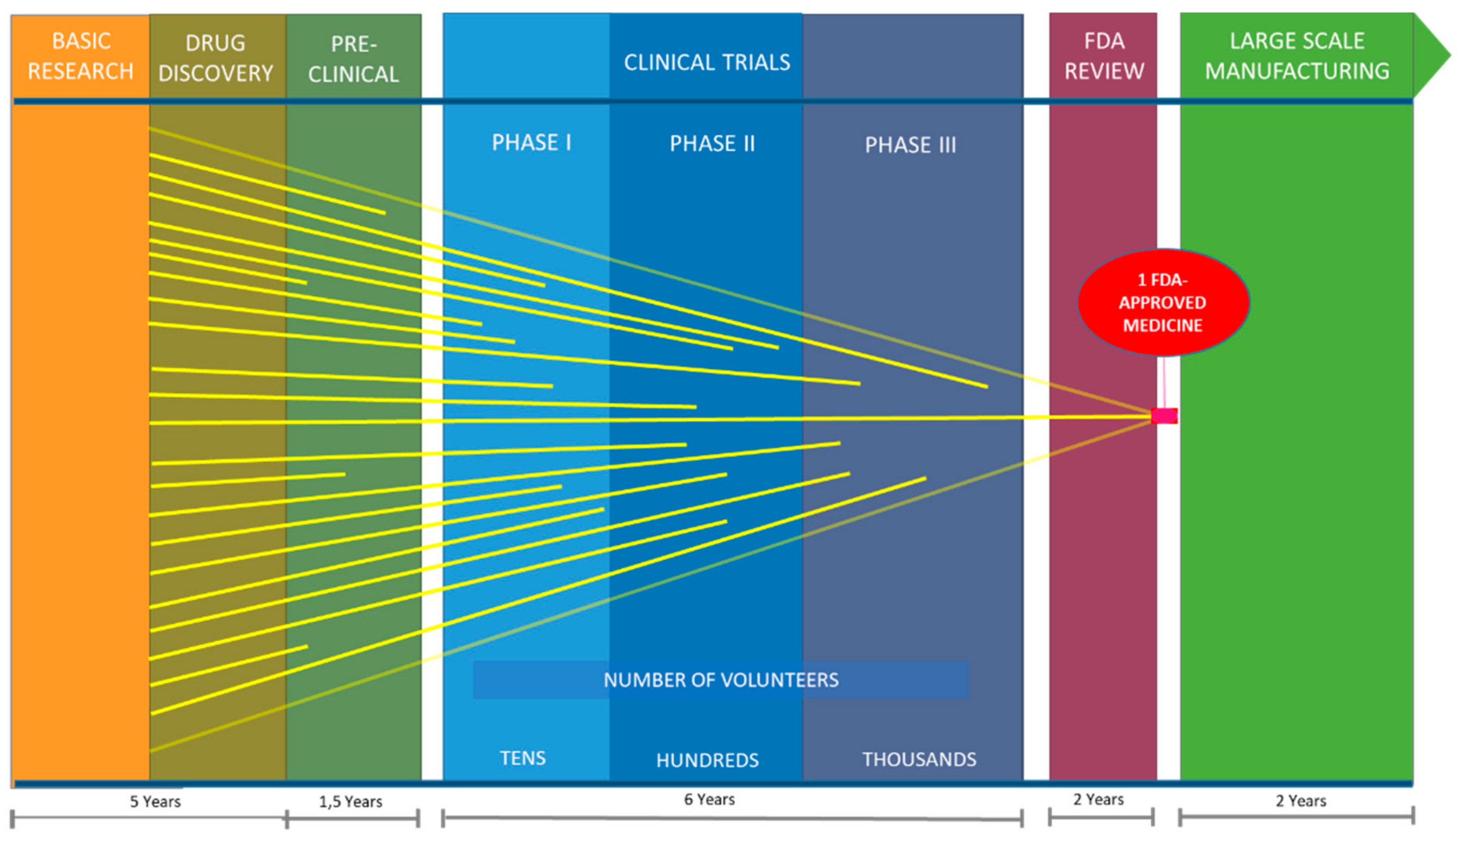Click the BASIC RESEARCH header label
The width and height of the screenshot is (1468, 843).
click(81, 56)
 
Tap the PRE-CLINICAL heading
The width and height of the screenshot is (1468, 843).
click(354, 59)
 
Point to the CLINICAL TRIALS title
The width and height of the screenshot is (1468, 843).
click(707, 63)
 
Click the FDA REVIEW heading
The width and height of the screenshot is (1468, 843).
click(1104, 56)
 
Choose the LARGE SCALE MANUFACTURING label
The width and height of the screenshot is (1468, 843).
click(1297, 56)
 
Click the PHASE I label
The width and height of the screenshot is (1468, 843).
click(531, 142)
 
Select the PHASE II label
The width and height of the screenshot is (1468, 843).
click(713, 144)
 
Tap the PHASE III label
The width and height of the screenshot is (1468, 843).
click(910, 145)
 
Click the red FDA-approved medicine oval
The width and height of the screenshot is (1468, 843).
click(1164, 302)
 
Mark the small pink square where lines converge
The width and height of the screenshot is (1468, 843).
click(1164, 416)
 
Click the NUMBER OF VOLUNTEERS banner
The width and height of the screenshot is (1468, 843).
click(721, 680)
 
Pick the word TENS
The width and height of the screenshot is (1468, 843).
click(523, 758)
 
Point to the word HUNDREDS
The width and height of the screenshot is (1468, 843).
click(707, 760)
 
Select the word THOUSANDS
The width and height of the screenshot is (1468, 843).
click(919, 759)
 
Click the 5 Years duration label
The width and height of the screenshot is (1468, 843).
click(155, 801)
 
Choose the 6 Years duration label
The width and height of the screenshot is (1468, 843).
click(709, 799)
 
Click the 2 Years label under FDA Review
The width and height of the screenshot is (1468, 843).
click(1098, 799)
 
